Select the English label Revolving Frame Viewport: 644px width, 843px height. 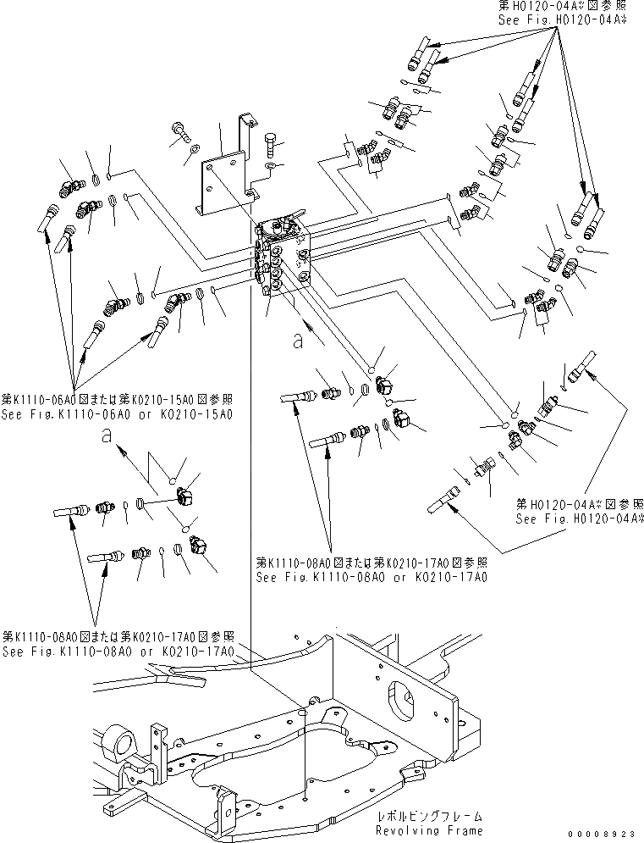coord(429,831)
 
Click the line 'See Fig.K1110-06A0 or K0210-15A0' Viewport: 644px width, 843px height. coord(116,413)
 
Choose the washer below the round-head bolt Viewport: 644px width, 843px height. coord(195,150)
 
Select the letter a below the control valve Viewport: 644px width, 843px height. coord(296,342)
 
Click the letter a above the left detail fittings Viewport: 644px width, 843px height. coord(106,435)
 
